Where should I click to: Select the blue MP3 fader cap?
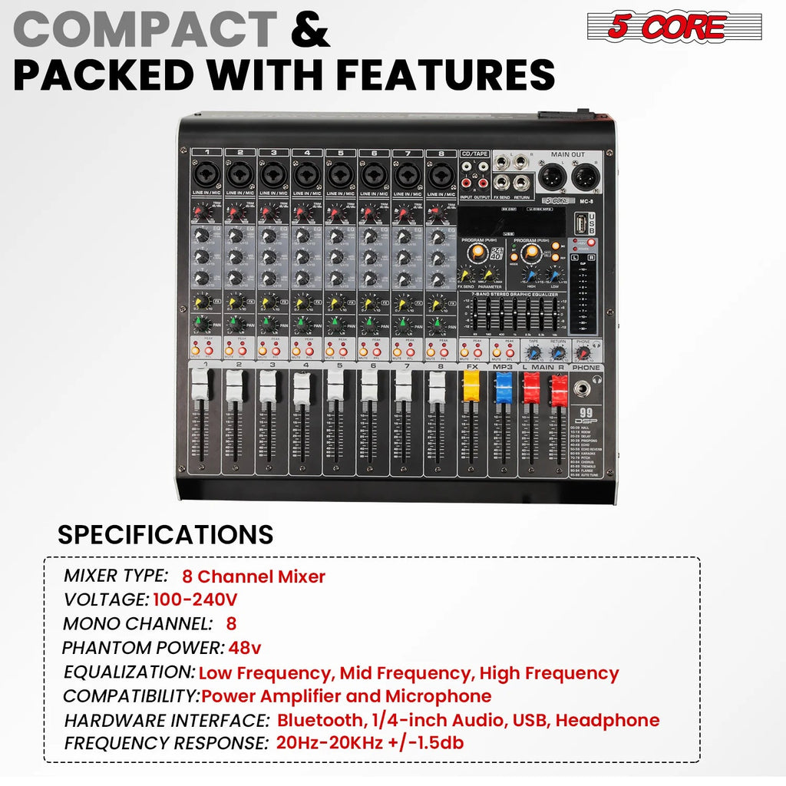pos(503,388)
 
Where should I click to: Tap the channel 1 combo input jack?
pos(206,175)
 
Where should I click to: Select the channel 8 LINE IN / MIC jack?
pos(441,175)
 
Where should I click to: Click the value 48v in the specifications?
pos(245,648)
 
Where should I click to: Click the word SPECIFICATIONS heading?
pos(165,534)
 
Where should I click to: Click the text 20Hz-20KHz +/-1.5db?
pos(369,743)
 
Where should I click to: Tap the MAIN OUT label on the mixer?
pos(567,154)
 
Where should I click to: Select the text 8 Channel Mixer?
pos(253,576)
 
